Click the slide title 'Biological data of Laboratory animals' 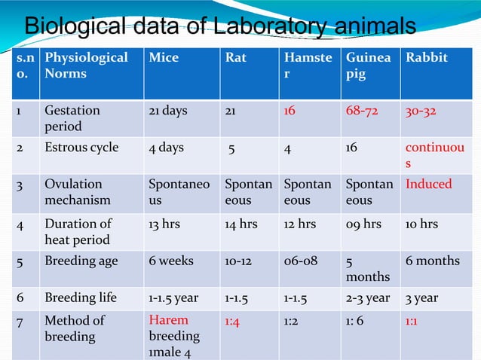[220, 26]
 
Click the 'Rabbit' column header [427, 57]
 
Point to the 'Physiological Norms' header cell [86, 66]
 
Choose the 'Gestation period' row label [72, 118]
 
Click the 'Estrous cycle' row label [81, 148]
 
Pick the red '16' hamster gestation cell [290, 110]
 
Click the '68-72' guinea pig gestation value [363, 110]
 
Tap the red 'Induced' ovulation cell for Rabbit [429, 184]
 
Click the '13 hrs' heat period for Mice [165, 223]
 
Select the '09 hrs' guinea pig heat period [363, 223]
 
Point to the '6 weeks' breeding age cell [171, 261]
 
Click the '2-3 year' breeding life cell [368, 297]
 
